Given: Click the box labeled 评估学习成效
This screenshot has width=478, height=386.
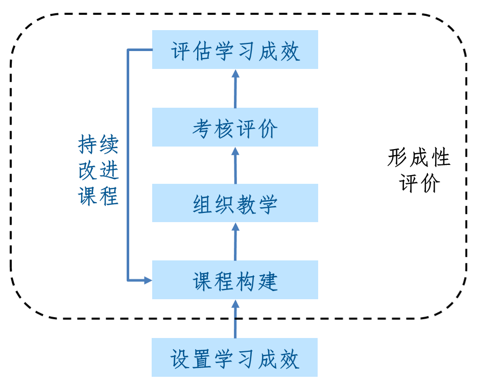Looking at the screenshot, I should point(235,50).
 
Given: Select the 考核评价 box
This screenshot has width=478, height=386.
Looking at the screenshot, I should point(235,127).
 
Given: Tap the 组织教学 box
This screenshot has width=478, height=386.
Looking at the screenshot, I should point(235,203).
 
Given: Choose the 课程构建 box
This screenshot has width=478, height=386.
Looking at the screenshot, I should point(235,280).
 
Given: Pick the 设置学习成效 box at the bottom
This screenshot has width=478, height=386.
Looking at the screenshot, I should point(235,357).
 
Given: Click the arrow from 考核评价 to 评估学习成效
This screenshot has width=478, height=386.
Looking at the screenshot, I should point(235,89).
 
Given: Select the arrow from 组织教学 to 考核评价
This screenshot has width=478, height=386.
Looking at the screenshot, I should point(235,165).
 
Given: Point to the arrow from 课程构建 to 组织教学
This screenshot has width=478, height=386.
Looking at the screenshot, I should point(235,242).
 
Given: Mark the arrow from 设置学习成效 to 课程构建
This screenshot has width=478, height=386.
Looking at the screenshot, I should point(235,319).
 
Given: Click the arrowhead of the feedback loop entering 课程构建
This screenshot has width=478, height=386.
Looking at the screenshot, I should point(148,280).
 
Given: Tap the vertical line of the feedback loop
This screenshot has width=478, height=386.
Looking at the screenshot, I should point(128,163).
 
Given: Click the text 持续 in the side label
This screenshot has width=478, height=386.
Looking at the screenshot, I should point(98,145).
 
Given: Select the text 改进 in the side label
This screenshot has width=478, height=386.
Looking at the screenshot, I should point(98,171).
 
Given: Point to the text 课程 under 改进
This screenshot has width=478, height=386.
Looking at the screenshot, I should point(98,196).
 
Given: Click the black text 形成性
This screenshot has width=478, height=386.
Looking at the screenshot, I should point(419,158).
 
